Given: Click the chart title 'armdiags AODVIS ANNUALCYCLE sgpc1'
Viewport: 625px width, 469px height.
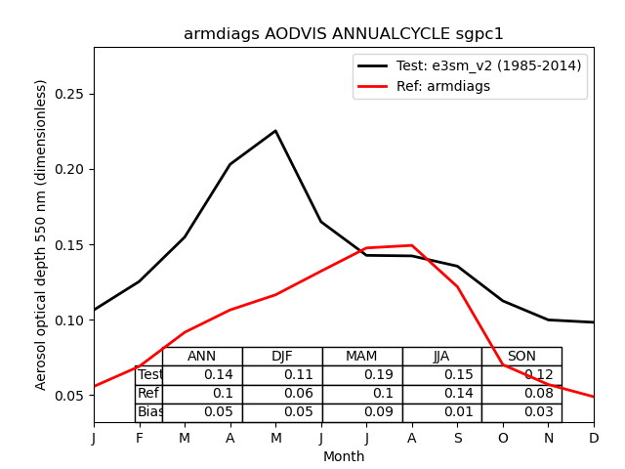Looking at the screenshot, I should tap(344, 34).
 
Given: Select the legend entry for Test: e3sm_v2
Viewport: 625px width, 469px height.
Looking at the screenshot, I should tap(469, 65).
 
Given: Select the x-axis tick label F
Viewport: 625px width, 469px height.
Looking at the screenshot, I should tap(140, 438).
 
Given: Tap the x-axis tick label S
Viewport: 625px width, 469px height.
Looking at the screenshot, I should tap(457, 438).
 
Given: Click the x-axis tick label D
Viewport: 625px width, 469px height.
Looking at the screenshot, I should tap(594, 438).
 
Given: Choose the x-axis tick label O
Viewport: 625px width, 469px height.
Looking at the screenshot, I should tap(503, 438).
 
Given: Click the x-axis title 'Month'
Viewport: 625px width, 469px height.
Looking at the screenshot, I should tap(344, 456).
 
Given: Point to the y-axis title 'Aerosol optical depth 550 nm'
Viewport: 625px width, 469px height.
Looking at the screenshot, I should tap(41, 234).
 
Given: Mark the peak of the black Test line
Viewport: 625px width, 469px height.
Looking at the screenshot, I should tap(275, 131).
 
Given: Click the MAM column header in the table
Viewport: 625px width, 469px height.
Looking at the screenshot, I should tap(361, 357).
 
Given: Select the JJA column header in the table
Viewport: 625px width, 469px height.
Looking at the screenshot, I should tap(441, 357).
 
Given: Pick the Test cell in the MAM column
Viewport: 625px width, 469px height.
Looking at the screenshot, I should tap(361, 375).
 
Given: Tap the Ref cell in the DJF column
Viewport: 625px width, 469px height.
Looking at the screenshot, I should tap(282, 394).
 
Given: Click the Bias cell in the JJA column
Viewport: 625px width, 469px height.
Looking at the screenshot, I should tap(441, 412).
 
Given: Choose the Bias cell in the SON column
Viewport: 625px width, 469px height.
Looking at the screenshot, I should tap(521, 412).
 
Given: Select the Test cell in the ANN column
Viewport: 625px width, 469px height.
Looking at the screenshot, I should tap(202, 375).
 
